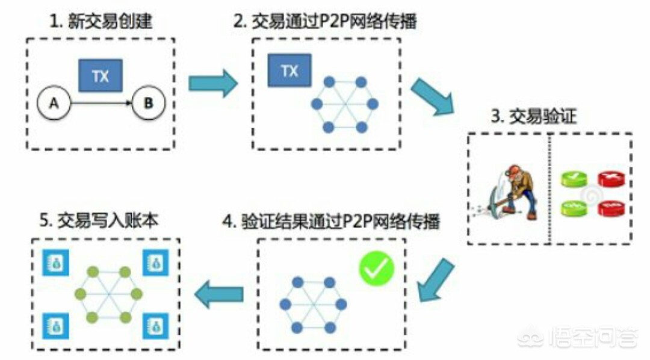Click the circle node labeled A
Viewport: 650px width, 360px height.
tap(54, 103)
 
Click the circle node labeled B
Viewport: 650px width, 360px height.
tap(149, 103)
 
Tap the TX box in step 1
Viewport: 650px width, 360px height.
tap(101, 75)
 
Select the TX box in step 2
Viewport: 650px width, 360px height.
tap(289, 70)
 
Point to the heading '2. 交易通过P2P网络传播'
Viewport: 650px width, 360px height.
tap(325, 21)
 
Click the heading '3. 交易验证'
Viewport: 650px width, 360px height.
tap(533, 116)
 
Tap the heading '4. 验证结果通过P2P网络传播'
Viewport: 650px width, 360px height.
tap(331, 221)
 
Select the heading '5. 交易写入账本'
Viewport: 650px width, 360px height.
tap(99, 220)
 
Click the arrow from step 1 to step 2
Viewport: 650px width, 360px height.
tap(213, 83)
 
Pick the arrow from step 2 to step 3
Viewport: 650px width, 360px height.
tap(432, 96)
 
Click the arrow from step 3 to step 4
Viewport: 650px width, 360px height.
tap(435, 280)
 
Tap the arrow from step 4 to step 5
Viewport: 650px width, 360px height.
tap(219, 294)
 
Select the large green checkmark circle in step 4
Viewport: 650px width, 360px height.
tap(376, 268)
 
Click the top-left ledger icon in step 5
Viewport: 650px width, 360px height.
tap(56, 262)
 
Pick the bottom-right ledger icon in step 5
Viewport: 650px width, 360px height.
tap(155, 326)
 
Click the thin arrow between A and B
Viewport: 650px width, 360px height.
tap(101, 103)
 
